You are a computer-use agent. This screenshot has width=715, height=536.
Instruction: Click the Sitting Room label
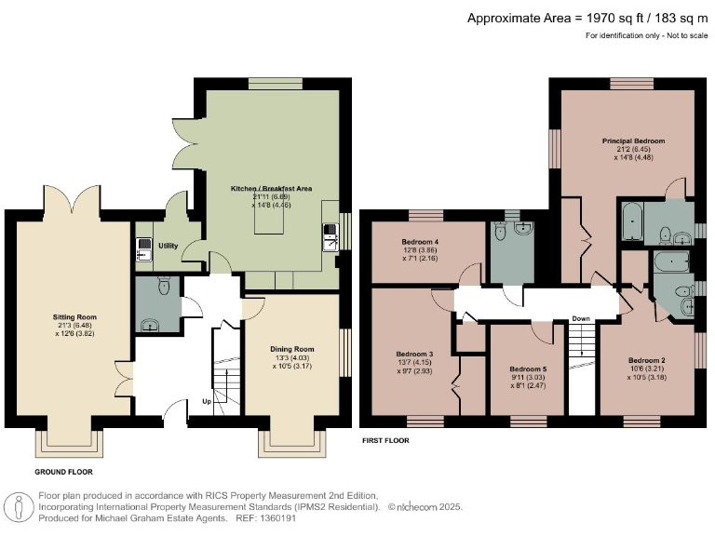pos(68,316)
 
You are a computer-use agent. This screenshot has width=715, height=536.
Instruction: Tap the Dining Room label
pos(291,349)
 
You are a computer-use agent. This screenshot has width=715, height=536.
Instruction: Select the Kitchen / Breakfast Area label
pos(271,189)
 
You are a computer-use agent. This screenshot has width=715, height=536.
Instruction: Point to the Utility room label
pos(168,246)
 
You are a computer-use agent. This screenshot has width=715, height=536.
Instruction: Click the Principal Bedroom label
pos(633,141)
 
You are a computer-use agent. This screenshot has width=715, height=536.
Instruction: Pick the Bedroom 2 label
pos(646,360)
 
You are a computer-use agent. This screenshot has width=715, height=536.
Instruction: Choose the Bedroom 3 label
pos(414,355)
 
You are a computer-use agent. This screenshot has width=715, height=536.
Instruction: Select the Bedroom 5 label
pos(527,369)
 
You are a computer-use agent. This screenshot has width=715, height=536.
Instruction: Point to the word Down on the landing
pos(581,318)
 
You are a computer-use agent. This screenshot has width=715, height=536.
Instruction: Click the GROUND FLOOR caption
pos(64,473)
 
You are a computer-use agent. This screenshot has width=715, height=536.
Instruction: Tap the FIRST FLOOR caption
pos(384,440)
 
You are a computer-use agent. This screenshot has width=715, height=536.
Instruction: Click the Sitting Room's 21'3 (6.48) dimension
pos(68,325)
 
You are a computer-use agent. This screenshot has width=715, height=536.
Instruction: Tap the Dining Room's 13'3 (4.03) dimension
pos(291,357)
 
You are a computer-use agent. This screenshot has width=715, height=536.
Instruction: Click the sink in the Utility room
pos(143,248)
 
